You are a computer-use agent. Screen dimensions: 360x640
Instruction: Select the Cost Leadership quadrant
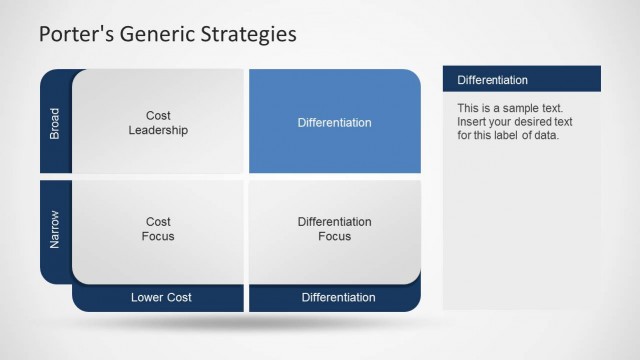point(158,122)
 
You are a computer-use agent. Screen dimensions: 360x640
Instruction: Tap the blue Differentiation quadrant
point(334,122)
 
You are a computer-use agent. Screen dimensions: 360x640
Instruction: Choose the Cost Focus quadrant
point(158,229)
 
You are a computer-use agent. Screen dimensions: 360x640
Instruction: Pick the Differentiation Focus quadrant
point(334,229)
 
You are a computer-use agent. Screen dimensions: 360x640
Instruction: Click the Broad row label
point(55,122)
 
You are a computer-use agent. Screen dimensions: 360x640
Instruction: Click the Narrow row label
point(55,229)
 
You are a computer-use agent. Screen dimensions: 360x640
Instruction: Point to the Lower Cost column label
point(161,297)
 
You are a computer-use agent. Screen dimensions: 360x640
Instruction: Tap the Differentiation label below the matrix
point(338,297)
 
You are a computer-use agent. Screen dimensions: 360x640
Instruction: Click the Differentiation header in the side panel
point(492,80)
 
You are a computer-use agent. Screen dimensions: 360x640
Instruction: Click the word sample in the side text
point(521,107)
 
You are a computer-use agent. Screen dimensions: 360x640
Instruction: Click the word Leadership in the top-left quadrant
point(158,130)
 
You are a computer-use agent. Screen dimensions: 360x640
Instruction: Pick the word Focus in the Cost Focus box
point(158,237)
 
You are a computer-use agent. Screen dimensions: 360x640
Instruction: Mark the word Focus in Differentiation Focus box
point(334,237)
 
